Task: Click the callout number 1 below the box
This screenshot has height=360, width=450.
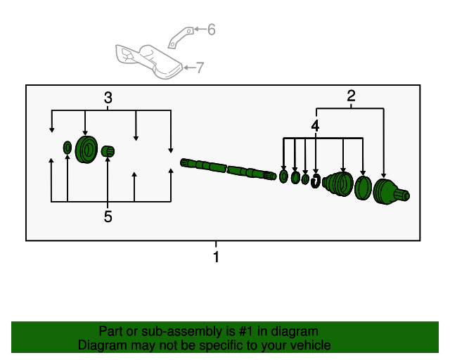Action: tap(216, 257)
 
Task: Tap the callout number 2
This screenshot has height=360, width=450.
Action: tap(351, 97)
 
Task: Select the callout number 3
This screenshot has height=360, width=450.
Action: tap(108, 98)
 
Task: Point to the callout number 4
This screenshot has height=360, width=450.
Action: tap(316, 126)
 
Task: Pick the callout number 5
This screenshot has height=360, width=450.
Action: tap(108, 217)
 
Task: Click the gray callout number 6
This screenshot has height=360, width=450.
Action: tap(211, 30)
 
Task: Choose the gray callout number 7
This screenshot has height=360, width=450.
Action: tap(200, 67)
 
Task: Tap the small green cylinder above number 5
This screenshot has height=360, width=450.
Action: tap(108, 151)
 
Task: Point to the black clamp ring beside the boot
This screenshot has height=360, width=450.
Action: tap(316, 181)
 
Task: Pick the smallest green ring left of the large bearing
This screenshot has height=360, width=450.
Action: tap(67, 148)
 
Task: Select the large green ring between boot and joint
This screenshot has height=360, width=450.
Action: tap(363, 188)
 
